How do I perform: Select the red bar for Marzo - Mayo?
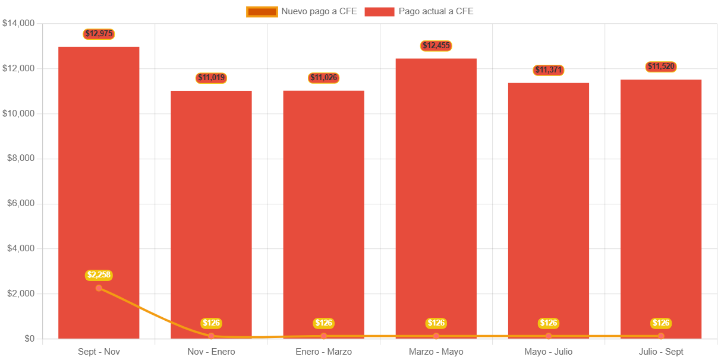(x=436, y=196)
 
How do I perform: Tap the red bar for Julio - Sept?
(x=661, y=208)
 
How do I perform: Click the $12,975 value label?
(x=99, y=34)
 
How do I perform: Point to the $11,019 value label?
(x=212, y=78)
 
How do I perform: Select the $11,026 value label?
(x=324, y=78)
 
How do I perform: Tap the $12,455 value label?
(x=436, y=46)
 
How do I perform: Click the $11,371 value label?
(x=548, y=70)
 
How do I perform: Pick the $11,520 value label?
(x=661, y=67)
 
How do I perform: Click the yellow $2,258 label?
(x=99, y=275)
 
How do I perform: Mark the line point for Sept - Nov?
(x=99, y=288)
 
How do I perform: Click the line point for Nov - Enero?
(x=212, y=336)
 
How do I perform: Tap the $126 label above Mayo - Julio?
(x=548, y=323)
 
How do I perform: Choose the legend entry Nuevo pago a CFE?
(x=302, y=11)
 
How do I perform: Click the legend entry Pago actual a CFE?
(x=419, y=11)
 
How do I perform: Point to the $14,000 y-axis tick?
(x=19, y=23)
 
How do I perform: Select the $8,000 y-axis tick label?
(x=21, y=158)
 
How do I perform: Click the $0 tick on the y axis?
(x=28, y=339)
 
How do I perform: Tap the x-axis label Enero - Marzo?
(x=324, y=352)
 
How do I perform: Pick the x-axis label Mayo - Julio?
(x=548, y=352)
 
